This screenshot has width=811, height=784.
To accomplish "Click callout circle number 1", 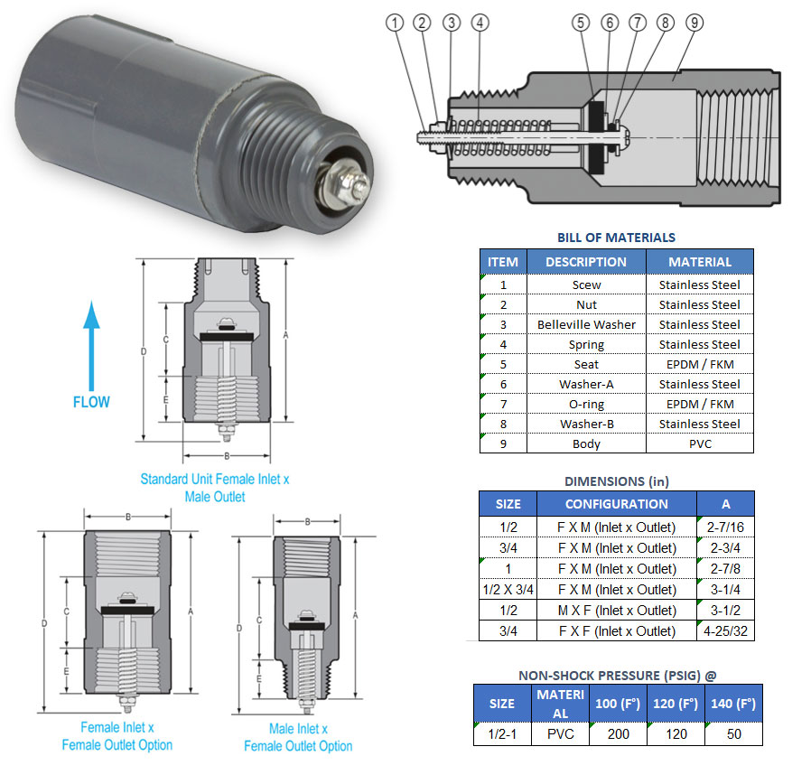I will pyautogui.click(x=395, y=22).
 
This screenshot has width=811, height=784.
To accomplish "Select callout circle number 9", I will pyautogui.click(x=694, y=22).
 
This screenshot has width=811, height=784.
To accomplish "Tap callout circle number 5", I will pyautogui.click(x=580, y=22).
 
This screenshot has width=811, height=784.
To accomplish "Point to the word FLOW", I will pyautogui.click(x=91, y=401).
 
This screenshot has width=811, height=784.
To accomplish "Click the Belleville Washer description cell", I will pyautogui.click(x=586, y=324).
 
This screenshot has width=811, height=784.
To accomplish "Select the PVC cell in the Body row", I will pyautogui.click(x=699, y=443).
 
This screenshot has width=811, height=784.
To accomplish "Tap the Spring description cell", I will pyautogui.click(x=586, y=344).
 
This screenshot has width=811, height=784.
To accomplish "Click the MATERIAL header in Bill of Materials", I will pyautogui.click(x=699, y=262).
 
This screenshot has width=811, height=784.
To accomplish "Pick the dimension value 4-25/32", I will pyautogui.click(x=725, y=630).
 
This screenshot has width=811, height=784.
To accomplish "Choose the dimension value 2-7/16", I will pyautogui.click(x=725, y=527).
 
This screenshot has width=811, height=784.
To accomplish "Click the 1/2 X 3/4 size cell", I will pyautogui.click(x=508, y=590).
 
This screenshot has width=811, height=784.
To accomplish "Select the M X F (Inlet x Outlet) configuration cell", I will pyautogui.click(x=616, y=611).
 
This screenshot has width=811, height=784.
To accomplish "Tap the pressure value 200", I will pyautogui.click(x=619, y=733).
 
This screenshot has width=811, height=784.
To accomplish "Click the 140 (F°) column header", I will pyautogui.click(x=733, y=703).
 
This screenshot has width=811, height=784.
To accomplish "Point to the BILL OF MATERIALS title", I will pyautogui.click(x=616, y=238).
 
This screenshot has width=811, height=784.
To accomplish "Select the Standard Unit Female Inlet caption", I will pyautogui.click(x=214, y=487).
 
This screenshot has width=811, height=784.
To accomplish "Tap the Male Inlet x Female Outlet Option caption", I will pyautogui.click(x=298, y=737).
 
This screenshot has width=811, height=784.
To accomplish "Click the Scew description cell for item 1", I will pyautogui.click(x=586, y=285).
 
